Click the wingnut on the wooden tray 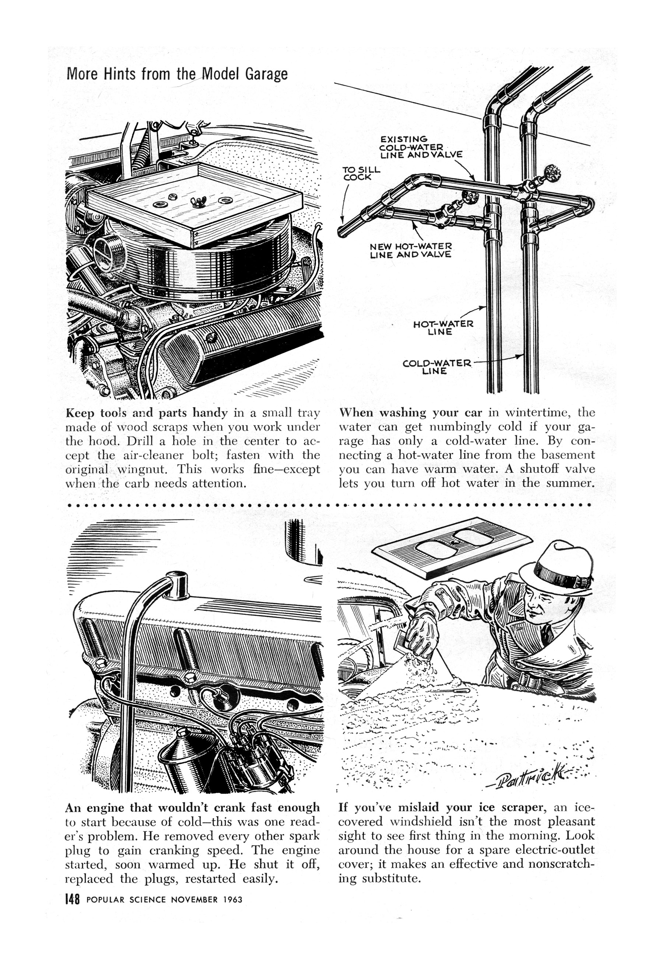tap(195, 202)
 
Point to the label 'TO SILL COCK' tap(361, 173)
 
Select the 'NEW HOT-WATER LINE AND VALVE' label tap(411, 250)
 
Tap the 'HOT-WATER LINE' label tap(443, 328)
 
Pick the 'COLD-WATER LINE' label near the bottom tap(436, 366)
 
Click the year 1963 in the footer tap(233, 900)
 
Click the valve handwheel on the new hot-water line tap(470, 196)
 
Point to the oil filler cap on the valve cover tap(177, 585)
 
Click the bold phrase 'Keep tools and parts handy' tap(147, 413)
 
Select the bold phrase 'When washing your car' tap(411, 413)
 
